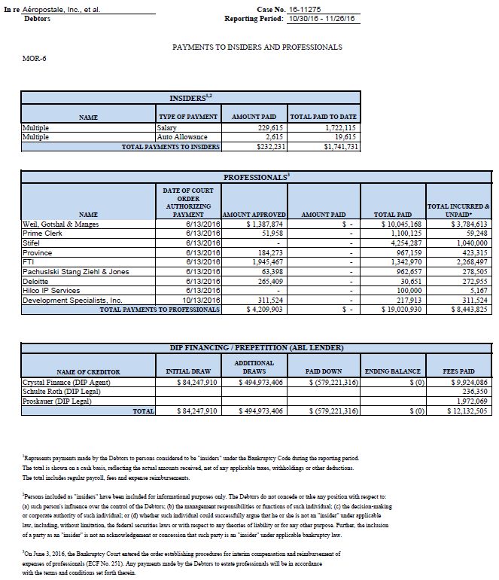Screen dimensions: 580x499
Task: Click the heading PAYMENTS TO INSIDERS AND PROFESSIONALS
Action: click(x=257, y=47)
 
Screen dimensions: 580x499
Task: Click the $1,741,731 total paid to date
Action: click(x=340, y=146)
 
